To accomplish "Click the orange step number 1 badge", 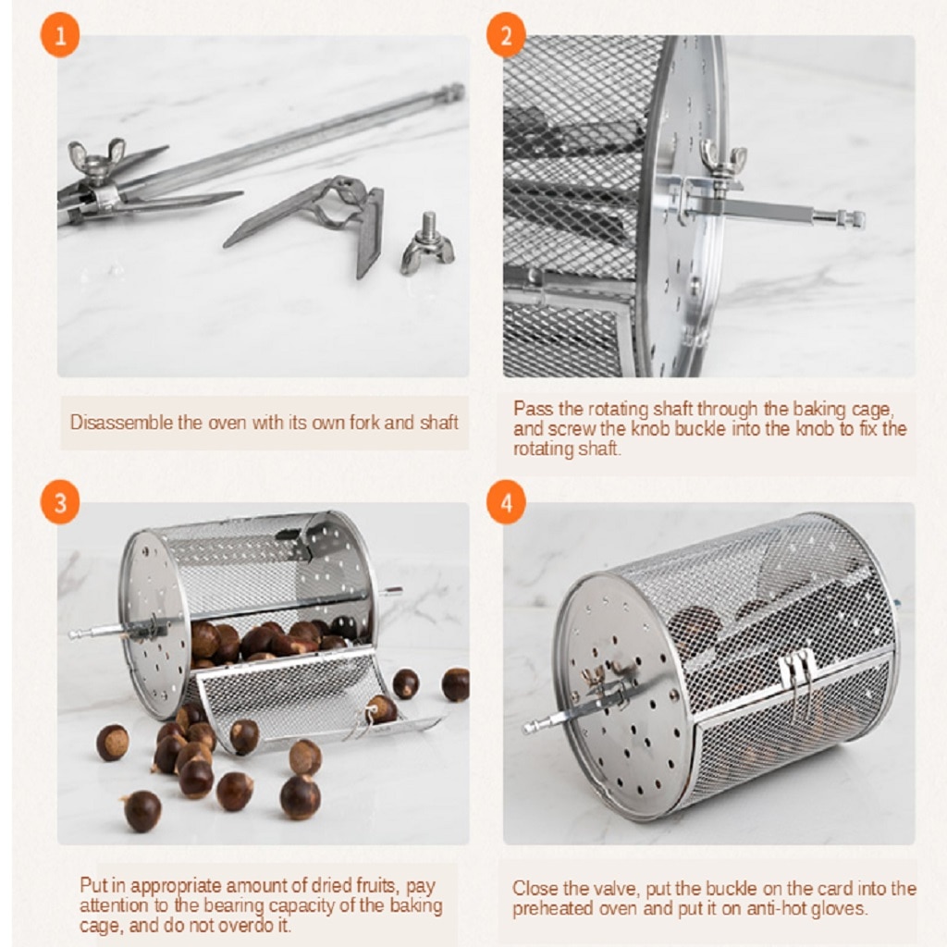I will pos(60,37).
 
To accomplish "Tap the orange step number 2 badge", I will pos(506,37).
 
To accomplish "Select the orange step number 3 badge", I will pos(60,504).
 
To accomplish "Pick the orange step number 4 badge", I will pos(506,504).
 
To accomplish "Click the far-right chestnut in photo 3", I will pos(455,684).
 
